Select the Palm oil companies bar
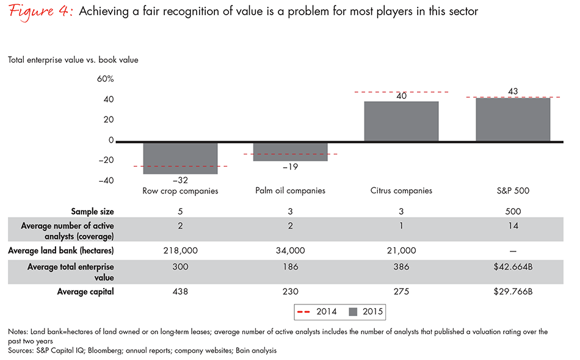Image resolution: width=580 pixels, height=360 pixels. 290,151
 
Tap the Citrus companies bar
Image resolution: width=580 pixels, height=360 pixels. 401,121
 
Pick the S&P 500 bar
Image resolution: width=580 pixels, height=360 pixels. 512,119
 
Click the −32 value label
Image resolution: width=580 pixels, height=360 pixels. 180,181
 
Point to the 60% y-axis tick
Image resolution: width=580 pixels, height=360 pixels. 106,79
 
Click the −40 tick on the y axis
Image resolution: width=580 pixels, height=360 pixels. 106,180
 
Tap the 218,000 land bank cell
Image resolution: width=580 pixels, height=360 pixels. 180,251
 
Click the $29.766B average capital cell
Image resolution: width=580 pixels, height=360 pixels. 512,292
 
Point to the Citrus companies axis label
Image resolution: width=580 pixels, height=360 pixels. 401,191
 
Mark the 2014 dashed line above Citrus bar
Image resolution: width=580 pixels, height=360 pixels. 401,92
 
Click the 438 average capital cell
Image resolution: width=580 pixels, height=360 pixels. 180,292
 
